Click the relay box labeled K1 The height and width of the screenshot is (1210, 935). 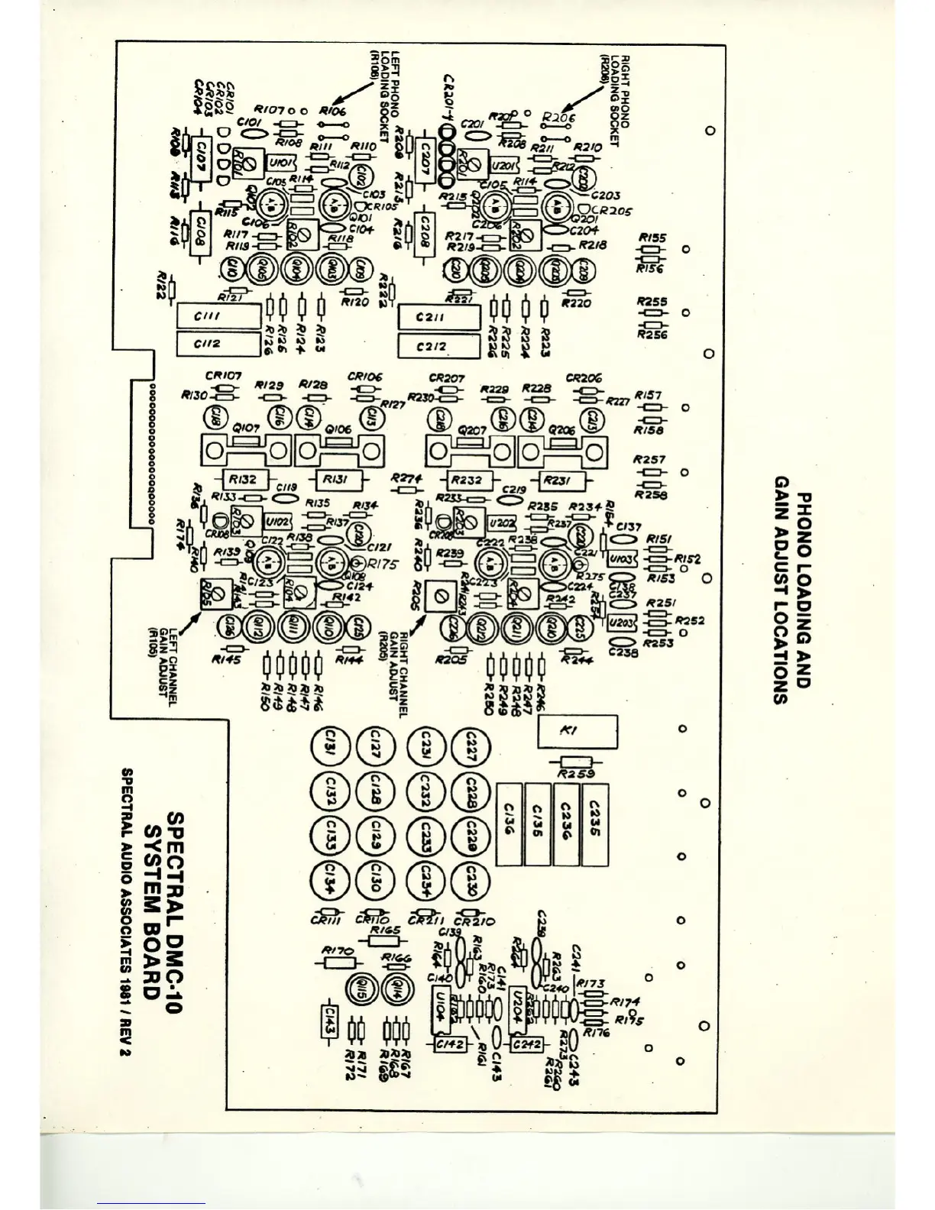pyautogui.click(x=577, y=732)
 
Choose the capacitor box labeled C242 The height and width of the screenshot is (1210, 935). pyautogui.click(x=527, y=1043)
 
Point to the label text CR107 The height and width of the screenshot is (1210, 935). pyautogui.click(x=224, y=376)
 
